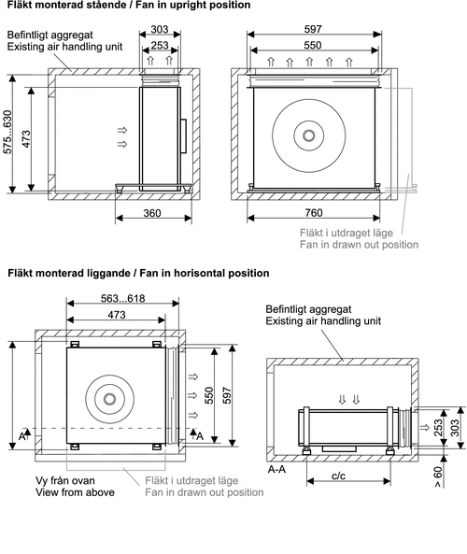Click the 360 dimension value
152,213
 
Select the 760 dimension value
313,213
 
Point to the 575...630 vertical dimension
7,132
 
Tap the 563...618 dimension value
122,299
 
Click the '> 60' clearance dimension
438,477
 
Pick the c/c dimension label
338,476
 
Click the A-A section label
276,469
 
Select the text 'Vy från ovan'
65,480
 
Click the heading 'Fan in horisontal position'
205,273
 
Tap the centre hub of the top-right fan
309,135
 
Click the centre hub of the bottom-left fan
110,399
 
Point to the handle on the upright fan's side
183,136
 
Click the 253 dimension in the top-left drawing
160,45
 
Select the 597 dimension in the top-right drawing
313,29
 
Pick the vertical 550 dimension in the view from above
209,396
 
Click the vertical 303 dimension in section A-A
455,428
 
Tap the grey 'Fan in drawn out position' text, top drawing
359,245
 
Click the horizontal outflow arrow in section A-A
424,428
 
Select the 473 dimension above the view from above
117,315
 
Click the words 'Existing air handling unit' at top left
64,47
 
